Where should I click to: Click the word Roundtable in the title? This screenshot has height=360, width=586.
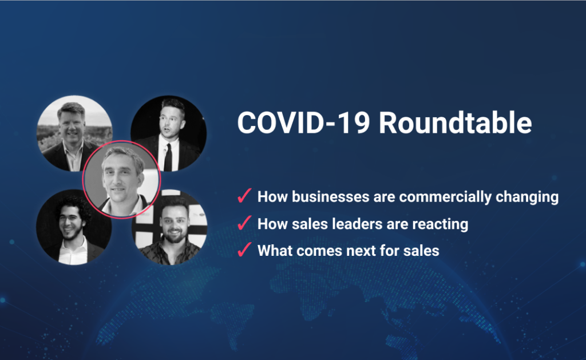[455, 122]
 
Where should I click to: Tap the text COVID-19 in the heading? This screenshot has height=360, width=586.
[304, 122]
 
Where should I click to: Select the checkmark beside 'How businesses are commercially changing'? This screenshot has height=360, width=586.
[244, 196]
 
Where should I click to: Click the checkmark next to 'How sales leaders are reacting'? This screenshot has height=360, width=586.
[244, 223]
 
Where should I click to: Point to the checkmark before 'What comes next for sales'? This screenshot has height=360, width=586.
[244, 250]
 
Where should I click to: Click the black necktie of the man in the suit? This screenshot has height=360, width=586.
[168, 157]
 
